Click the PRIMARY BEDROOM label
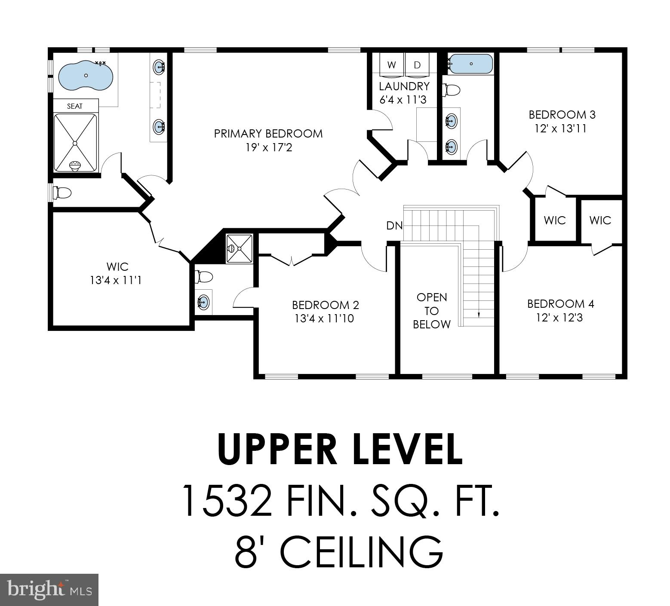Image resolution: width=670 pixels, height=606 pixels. pyautogui.click(x=268, y=134)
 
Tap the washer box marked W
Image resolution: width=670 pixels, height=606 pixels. pyautogui.click(x=391, y=65)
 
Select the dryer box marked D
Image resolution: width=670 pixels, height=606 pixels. pyautogui.click(x=417, y=65)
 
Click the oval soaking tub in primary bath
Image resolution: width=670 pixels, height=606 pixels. pyautogui.click(x=86, y=76)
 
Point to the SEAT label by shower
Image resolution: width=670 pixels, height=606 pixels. pyautogui.click(x=75, y=106)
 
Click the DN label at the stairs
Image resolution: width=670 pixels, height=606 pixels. pyautogui.click(x=393, y=225)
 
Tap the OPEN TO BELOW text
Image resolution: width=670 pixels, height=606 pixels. pyautogui.click(x=432, y=311)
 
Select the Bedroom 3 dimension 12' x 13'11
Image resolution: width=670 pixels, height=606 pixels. pyautogui.click(x=561, y=129)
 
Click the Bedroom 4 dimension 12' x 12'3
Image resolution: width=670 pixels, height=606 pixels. pyautogui.click(x=559, y=318)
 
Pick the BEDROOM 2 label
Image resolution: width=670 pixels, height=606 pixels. pyautogui.click(x=325, y=305)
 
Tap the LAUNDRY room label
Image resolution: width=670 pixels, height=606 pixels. pyautogui.click(x=404, y=86)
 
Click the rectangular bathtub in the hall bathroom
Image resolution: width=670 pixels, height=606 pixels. pyautogui.click(x=471, y=64)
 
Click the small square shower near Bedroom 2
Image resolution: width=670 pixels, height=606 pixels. pyautogui.click(x=240, y=248)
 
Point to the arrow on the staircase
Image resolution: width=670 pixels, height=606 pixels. pyautogui.click(x=479, y=314)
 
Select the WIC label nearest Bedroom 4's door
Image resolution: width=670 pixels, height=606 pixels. pyautogui.click(x=600, y=220)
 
